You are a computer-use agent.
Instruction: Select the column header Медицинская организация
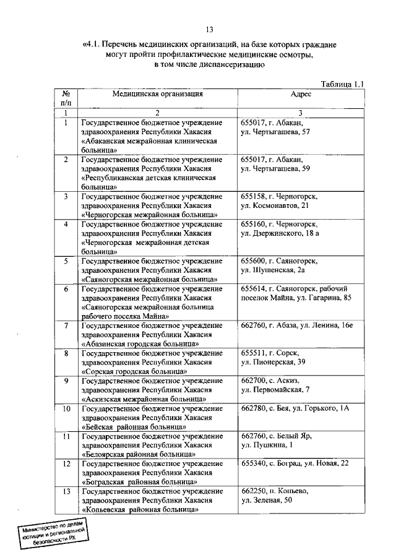click(x=157, y=94)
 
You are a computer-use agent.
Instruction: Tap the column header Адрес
click(x=301, y=94)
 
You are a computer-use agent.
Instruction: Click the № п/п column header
click(x=66, y=98)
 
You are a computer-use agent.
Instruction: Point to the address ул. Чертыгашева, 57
click(x=275, y=132)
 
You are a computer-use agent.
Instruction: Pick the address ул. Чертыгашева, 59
click(x=275, y=168)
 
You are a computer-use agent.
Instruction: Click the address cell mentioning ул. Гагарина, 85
click(x=296, y=298)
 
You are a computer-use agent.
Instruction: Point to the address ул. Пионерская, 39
click(x=273, y=361)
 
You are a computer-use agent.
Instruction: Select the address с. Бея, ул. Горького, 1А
click(x=296, y=408)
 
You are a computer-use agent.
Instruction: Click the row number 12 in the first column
click(x=66, y=463)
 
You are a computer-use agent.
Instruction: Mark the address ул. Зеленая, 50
click(x=267, y=500)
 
